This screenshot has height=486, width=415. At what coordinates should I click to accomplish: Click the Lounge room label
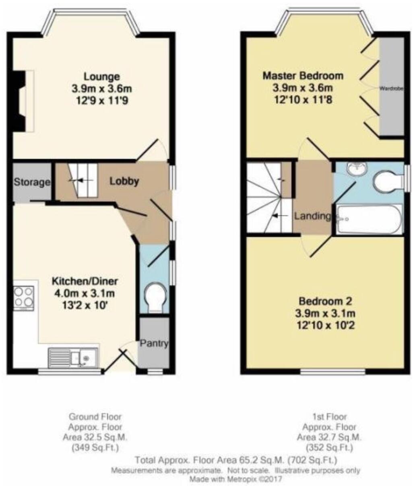pyautogui.click(x=101, y=76)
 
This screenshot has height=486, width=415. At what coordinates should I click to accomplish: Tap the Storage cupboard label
pyautogui.click(x=32, y=182)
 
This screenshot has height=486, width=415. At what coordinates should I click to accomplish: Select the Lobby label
pyautogui.click(x=124, y=181)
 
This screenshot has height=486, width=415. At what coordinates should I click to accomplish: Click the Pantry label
pyautogui.click(x=154, y=344)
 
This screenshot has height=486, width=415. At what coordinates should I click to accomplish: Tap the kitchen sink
pyautogui.click(x=73, y=357)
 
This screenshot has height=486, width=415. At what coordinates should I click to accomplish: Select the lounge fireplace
pyautogui.click(x=22, y=101)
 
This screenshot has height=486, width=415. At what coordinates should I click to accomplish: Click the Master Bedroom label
pyautogui.click(x=303, y=76)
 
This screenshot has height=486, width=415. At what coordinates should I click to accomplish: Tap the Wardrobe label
pyautogui.click(x=391, y=88)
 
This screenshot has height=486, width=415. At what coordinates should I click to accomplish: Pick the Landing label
pyautogui.click(x=312, y=216)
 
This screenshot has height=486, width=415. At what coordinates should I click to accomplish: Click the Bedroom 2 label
pyautogui.click(x=325, y=301)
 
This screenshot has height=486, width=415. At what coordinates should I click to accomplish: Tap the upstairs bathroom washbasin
pyautogui.click(x=356, y=169)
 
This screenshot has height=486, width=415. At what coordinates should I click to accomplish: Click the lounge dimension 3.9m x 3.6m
pyautogui.click(x=101, y=88)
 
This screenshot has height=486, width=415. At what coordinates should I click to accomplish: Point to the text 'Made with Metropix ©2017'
pyautogui.click(x=236, y=479)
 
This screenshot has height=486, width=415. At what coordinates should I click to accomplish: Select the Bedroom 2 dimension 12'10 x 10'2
pyautogui.click(x=325, y=324)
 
